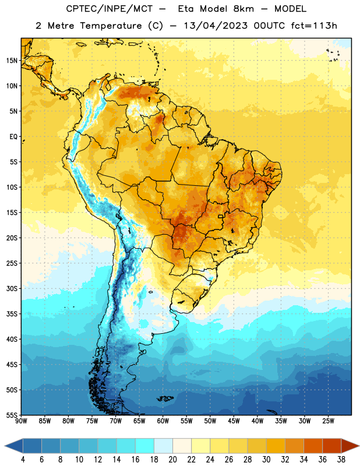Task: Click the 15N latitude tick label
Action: coord(12,61)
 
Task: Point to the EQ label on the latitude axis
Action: coord(13,137)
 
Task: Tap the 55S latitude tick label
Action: coord(12,415)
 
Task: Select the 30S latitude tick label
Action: coord(12,288)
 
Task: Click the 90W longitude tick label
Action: coord(21,421)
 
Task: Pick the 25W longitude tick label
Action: coord(328,421)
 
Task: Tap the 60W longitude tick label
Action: coord(163,421)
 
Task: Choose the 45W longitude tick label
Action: coord(234,421)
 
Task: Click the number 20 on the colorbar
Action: coord(172,460)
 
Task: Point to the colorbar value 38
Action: coord(341,460)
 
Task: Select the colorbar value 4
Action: coord(23,460)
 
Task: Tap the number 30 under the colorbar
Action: coord(266,460)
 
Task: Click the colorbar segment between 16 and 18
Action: coord(145,446)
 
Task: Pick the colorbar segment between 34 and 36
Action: coord(313,446)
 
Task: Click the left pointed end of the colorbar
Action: coord(5,446)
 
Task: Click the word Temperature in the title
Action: coord(111,26)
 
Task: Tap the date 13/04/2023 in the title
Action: coord(216,26)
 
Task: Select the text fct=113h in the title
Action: coord(314,26)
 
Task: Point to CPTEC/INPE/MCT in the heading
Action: coord(110,9)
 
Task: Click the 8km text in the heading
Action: coord(243,9)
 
